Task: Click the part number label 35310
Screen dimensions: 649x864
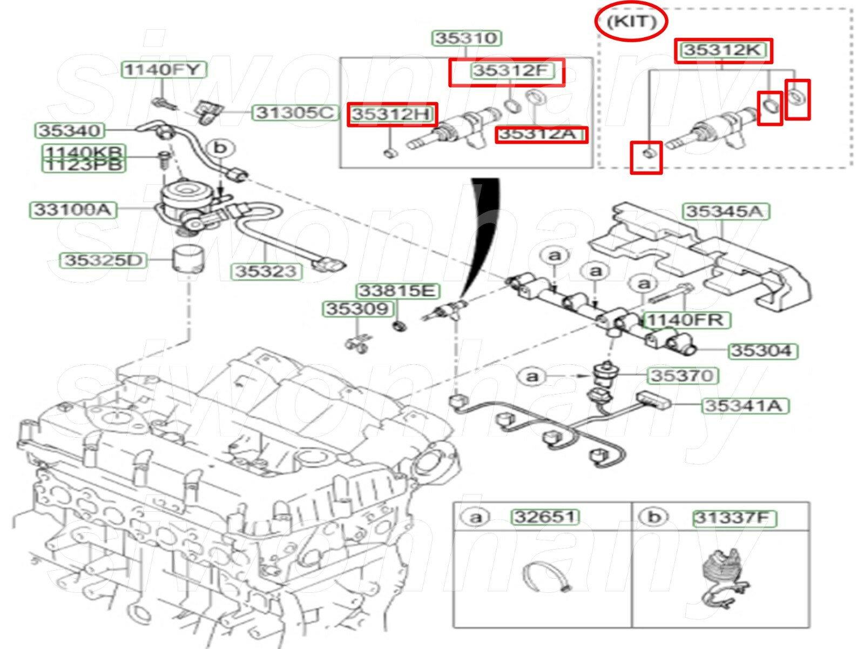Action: point(466,38)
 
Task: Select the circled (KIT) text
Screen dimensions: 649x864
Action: point(631,22)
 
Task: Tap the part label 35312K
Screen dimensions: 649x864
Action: point(723,50)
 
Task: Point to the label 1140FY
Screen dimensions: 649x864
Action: point(163,69)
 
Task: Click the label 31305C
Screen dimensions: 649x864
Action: point(294,112)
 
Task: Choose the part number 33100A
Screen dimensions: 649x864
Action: point(72,210)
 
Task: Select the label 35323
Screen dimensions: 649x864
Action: point(266,271)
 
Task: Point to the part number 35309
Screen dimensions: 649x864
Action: point(357,309)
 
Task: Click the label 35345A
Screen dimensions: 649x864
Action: point(726,211)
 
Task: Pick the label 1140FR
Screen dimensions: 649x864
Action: point(685,320)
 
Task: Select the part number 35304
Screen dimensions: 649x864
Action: point(761,351)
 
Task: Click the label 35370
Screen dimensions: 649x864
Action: point(682,375)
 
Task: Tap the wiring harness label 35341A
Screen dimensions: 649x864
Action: point(745,405)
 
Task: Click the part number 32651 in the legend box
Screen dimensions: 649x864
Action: point(544,517)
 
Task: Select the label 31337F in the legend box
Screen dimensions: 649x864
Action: point(734,518)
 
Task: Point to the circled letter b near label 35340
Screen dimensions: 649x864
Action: point(220,148)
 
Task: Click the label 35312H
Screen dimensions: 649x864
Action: point(391,114)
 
